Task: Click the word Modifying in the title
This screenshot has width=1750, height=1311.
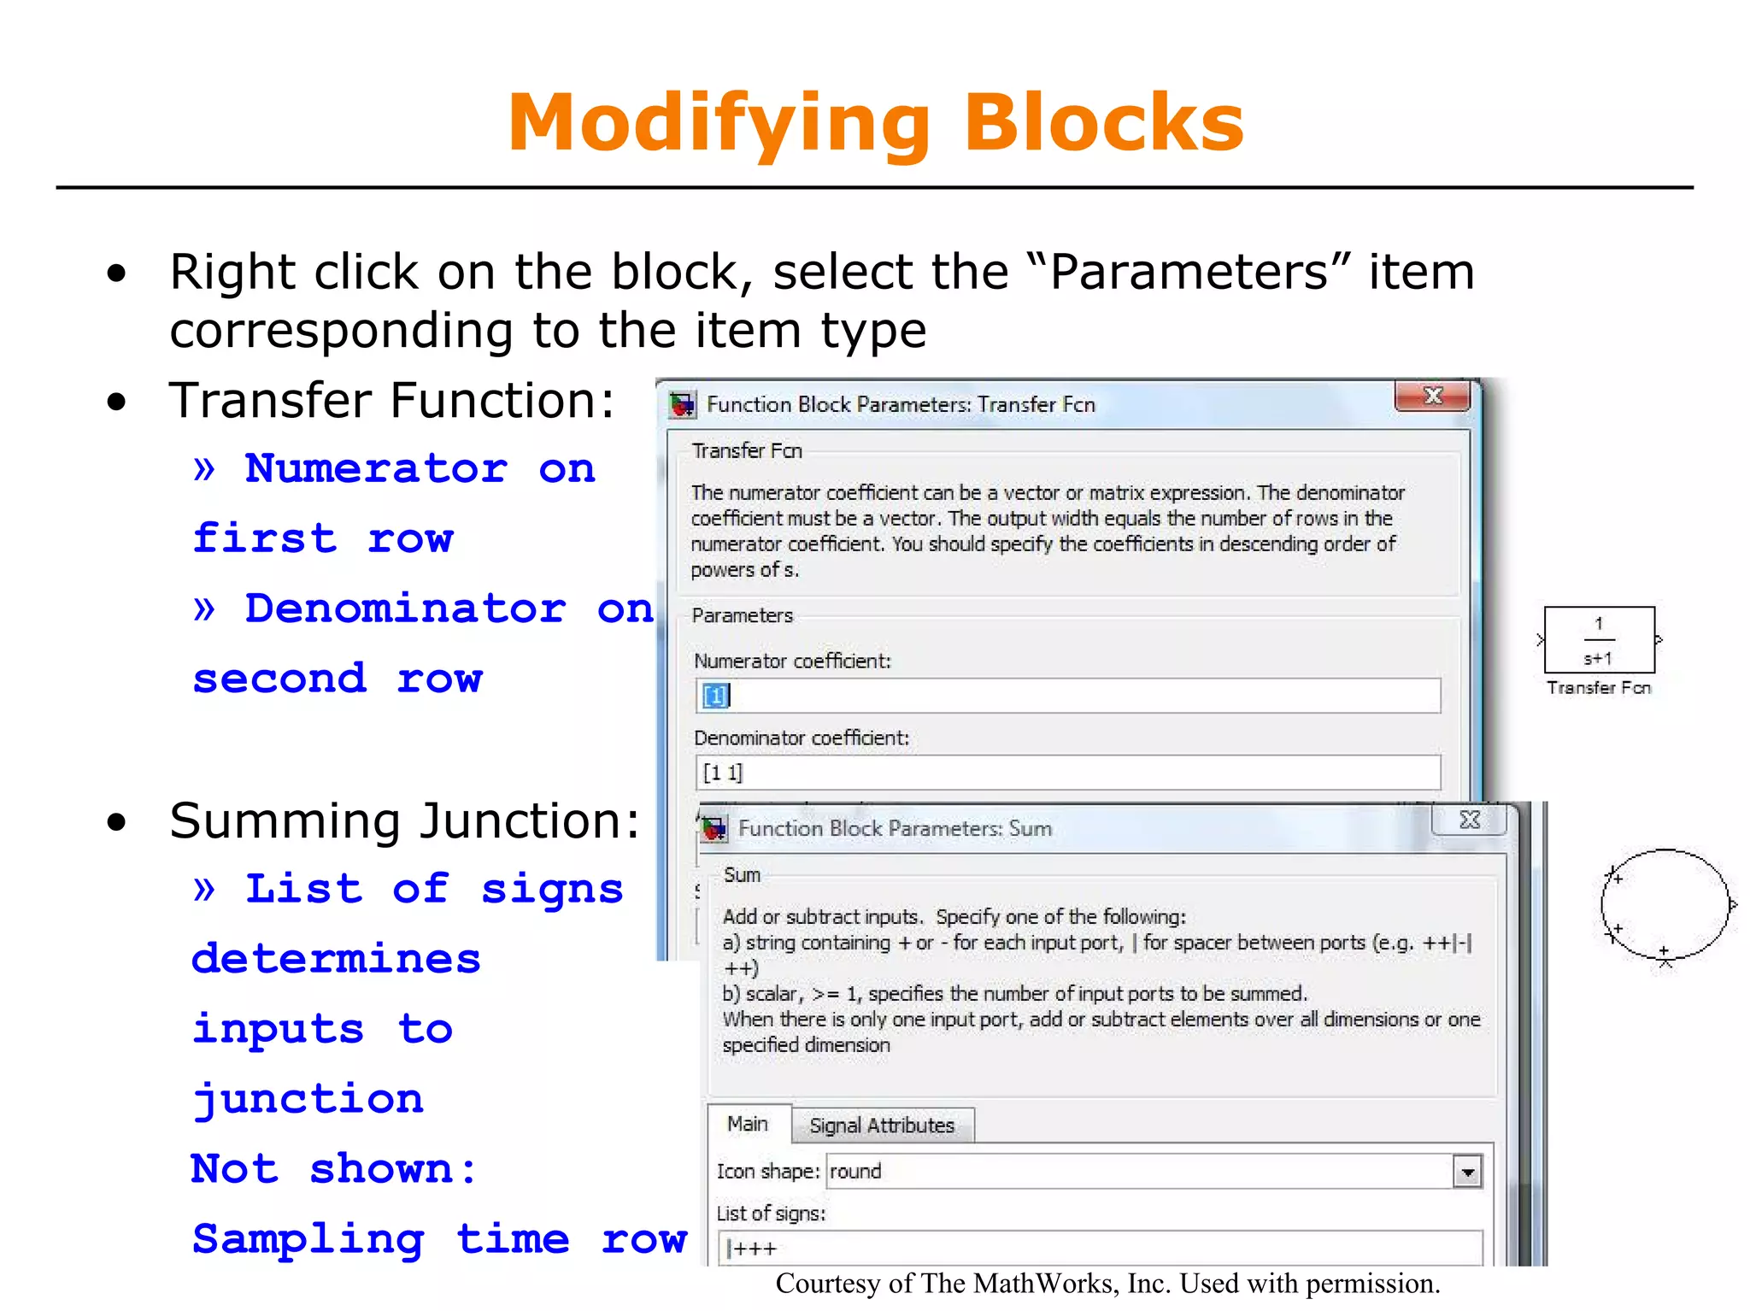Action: (718, 124)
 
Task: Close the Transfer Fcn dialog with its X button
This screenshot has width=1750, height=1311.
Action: (1432, 396)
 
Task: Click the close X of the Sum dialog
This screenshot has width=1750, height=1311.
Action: (1469, 820)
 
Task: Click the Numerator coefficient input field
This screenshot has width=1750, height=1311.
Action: (1068, 696)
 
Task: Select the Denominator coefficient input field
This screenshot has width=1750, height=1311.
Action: (1068, 773)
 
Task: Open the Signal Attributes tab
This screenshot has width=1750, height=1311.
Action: (881, 1126)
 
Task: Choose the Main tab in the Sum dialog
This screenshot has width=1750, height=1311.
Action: (748, 1125)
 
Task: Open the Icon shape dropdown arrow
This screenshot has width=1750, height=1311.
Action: (1467, 1172)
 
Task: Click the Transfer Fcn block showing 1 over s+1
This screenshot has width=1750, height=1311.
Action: (1598, 640)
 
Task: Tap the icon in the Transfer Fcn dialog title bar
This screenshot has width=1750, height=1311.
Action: (683, 404)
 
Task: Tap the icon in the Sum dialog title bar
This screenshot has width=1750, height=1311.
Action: (714, 828)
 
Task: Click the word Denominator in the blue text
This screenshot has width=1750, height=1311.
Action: (405, 608)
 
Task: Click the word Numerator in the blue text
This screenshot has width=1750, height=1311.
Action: (376, 468)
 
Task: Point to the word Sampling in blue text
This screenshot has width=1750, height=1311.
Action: (308, 1240)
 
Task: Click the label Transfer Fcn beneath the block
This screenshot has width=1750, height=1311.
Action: (1598, 688)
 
